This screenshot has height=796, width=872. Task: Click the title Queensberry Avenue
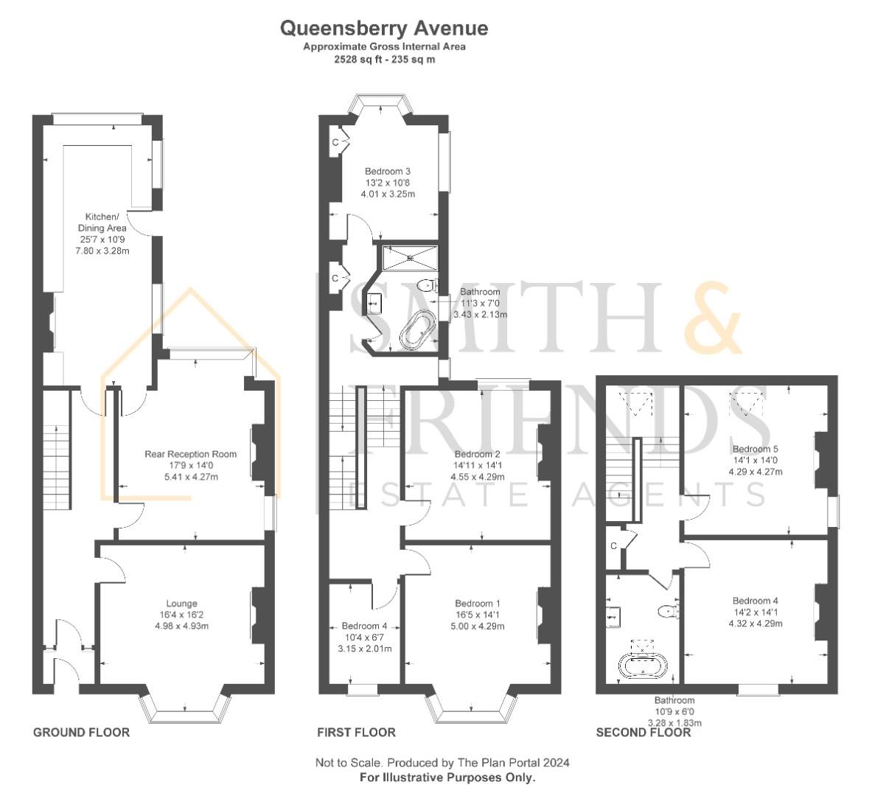[x=384, y=28]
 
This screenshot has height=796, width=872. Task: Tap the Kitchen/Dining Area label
[x=102, y=222]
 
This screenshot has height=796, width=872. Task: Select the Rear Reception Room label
[x=191, y=454]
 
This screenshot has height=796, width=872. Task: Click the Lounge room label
[x=182, y=603]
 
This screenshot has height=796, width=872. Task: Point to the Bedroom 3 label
[x=388, y=171]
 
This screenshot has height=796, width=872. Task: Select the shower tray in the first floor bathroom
[x=410, y=257]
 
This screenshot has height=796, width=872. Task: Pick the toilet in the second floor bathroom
[x=668, y=611]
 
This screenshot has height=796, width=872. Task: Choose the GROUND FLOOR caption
[x=81, y=732]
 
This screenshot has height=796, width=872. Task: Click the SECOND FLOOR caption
[x=643, y=732]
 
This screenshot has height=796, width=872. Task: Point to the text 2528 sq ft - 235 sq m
[x=384, y=59]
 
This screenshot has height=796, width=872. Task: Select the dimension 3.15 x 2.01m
[x=365, y=649]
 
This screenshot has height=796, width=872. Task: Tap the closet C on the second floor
[x=613, y=545]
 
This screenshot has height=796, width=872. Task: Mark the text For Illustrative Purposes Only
[x=447, y=777]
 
